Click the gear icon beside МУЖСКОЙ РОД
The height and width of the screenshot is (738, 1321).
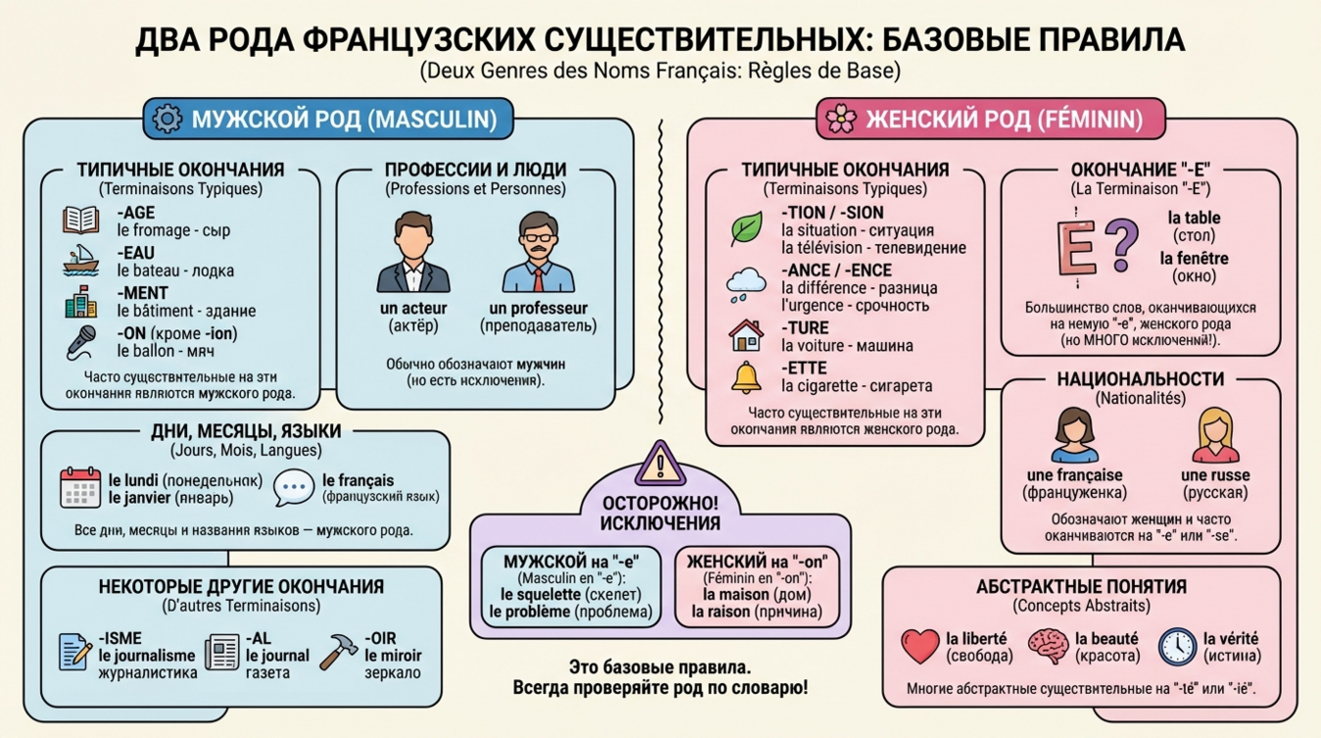(x=168, y=120)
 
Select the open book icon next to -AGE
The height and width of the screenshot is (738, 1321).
(x=80, y=220)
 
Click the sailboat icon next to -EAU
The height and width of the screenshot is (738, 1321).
(x=80, y=261)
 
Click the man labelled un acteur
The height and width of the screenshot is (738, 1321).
(x=412, y=252)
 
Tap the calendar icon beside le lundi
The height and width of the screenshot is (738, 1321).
(x=80, y=487)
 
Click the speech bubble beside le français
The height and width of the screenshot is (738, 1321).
(x=293, y=488)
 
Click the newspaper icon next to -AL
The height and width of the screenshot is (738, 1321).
(x=222, y=653)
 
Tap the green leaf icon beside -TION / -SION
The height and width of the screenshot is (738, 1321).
(x=747, y=228)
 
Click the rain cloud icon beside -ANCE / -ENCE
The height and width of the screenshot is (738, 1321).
(x=746, y=284)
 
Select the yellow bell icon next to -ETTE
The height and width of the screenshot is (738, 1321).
(x=747, y=376)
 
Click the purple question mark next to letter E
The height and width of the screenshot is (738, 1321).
(x=1124, y=244)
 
